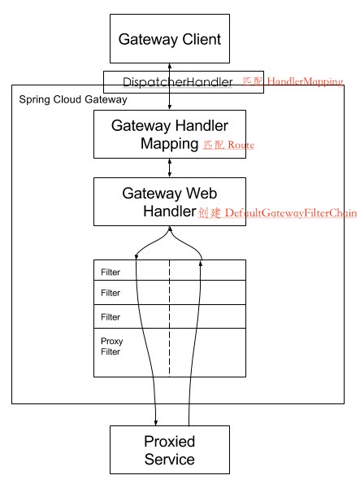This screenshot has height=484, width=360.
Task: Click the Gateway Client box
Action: tap(169, 38)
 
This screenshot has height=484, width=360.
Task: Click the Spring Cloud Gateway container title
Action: tap(73, 99)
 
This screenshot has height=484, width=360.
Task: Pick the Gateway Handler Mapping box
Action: tap(169, 134)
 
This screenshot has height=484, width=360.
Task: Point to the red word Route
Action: tap(241, 145)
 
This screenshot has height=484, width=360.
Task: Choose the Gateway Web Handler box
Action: tap(169, 202)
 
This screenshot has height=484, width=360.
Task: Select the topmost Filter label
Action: tap(111, 271)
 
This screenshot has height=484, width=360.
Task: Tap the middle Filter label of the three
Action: tap(111, 293)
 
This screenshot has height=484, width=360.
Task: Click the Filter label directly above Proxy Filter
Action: tap(111, 316)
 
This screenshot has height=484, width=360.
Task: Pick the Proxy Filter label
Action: tap(111, 346)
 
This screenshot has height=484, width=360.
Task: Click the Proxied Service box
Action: tap(169, 451)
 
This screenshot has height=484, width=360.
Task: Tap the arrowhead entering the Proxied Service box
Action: tap(154, 422)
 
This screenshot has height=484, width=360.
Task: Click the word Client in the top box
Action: tap(197, 38)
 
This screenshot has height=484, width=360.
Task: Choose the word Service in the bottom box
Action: tap(169, 460)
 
